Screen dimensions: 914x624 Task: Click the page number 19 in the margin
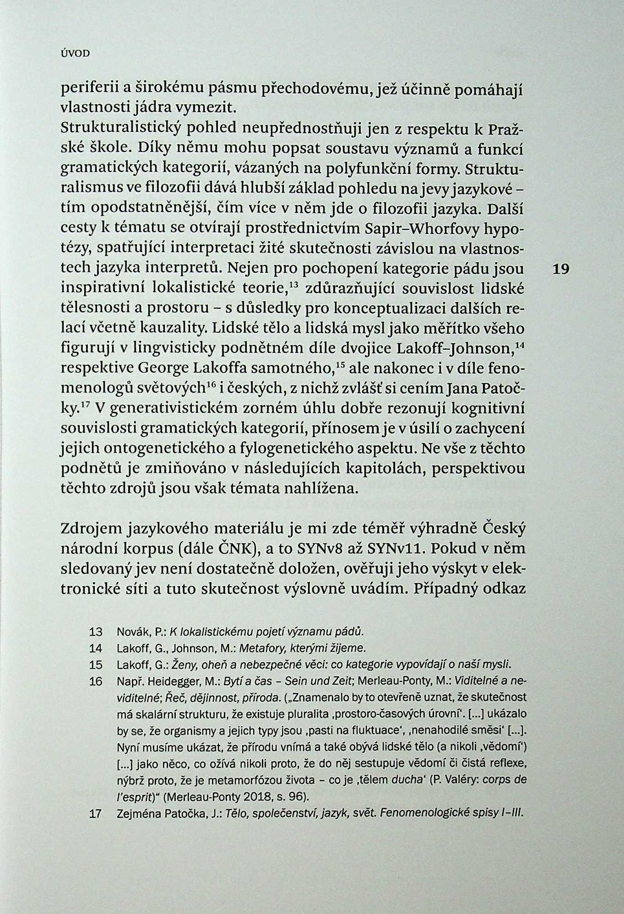click(x=560, y=269)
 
